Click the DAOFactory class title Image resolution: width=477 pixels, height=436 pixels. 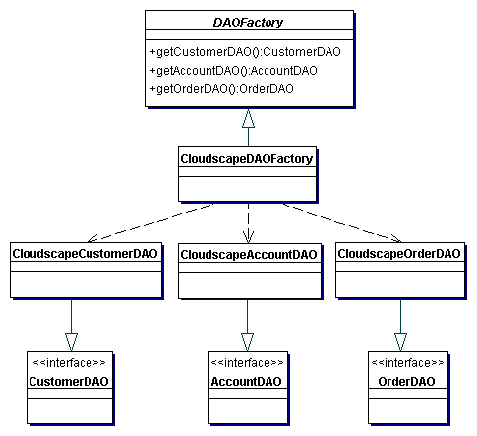tap(248, 23)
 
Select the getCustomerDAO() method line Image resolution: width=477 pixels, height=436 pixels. tap(245, 52)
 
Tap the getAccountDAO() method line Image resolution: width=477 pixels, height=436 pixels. tap(233, 71)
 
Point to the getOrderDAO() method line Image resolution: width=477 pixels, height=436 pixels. tap(221, 89)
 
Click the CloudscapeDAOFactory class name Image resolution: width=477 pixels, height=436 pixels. tap(247, 159)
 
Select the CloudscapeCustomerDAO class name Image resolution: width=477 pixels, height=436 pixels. tap(85, 254)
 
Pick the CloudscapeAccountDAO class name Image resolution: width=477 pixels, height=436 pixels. tap(249, 255)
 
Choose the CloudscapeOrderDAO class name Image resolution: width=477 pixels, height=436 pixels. tap(399, 254)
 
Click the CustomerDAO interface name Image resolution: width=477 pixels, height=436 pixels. tap(69, 382)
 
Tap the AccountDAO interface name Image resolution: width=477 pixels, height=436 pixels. tap(247, 382)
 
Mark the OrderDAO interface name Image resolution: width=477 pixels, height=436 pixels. tap(406, 382)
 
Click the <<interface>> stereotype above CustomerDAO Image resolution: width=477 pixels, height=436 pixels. tap(70, 363)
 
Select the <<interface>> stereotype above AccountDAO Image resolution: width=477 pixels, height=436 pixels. tap(248, 363)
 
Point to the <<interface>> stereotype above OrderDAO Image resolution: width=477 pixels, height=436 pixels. tap(407, 363)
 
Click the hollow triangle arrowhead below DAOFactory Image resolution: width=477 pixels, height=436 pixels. tap(248, 118)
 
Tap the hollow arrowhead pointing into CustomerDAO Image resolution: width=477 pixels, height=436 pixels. tap(71, 342)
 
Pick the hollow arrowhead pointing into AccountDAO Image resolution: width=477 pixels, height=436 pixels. tap(247, 342)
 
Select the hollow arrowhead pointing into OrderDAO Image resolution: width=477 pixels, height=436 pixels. tap(400, 342)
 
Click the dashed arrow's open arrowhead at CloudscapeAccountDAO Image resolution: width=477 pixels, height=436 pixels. tap(248, 237)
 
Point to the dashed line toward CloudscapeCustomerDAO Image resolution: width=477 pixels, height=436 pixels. tap(150, 223)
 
